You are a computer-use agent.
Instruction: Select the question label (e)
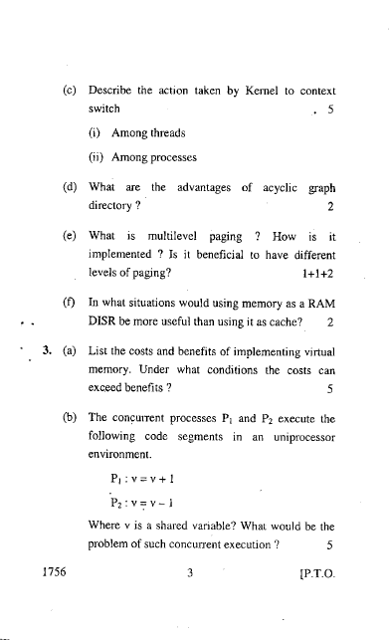(x=69, y=238)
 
